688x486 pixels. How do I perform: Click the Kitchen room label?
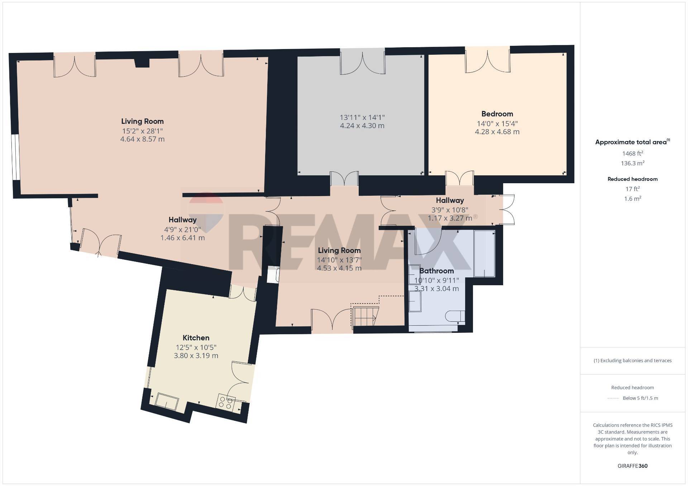(196, 338)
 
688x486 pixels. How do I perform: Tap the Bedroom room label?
(497, 114)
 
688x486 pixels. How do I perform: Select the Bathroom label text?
(436, 271)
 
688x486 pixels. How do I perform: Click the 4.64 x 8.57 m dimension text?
(142, 139)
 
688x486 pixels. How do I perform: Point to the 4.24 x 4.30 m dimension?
(362, 126)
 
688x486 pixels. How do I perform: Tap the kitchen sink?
(167, 401)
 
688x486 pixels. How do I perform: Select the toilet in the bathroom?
(455, 316)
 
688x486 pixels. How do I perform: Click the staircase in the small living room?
(365, 316)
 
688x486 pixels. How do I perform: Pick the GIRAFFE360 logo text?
(632, 466)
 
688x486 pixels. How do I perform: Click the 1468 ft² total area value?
(632, 154)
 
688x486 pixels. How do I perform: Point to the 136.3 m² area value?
(632, 163)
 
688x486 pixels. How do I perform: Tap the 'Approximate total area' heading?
(632, 142)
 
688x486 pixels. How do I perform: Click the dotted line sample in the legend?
(613, 398)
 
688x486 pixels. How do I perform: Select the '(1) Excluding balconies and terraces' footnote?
(632, 361)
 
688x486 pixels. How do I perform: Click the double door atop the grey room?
(362, 62)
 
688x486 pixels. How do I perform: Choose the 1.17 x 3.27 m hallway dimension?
(450, 218)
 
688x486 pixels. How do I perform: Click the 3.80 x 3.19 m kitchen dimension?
(196, 356)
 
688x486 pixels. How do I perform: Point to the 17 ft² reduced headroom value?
(632, 189)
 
